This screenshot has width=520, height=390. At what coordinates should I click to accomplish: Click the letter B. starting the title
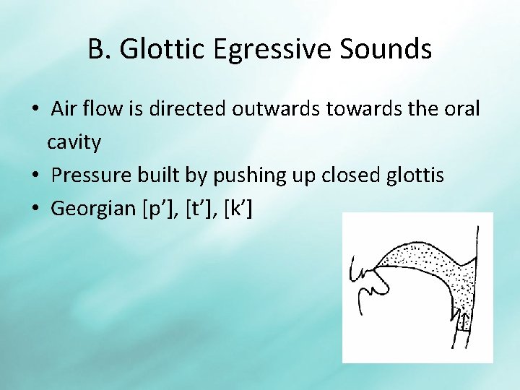100,49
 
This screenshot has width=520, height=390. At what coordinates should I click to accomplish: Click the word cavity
74,142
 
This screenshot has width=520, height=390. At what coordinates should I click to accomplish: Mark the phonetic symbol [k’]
238,209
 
